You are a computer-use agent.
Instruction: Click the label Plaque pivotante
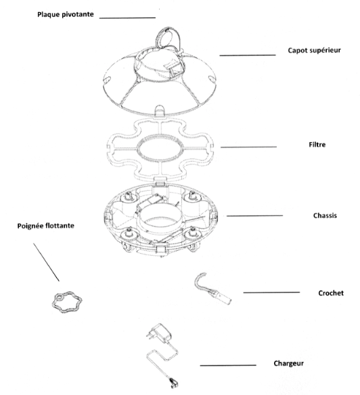pos(66,15)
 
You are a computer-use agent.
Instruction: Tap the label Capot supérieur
pos(315,50)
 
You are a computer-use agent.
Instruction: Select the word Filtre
pos(317,145)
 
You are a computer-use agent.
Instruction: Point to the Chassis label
pos(325,216)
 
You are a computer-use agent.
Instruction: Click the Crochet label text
pos(331,293)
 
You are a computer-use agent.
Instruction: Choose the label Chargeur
pos(289,363)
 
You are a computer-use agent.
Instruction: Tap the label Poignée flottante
pos(46,226)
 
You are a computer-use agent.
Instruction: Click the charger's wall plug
pos(160,333)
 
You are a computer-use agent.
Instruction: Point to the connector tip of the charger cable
pos(174,383)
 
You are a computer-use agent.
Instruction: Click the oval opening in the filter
pos(137,149)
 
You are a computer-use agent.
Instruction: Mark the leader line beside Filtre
pos(248,147)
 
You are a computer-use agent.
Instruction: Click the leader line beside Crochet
pos(271,292)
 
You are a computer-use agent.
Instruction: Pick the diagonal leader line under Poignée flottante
pos(47,262)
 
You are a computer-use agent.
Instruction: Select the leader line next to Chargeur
pos(228,365)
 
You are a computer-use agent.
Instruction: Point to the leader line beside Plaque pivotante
pos(127,18)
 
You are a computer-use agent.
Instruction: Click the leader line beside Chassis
pos(254,216)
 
